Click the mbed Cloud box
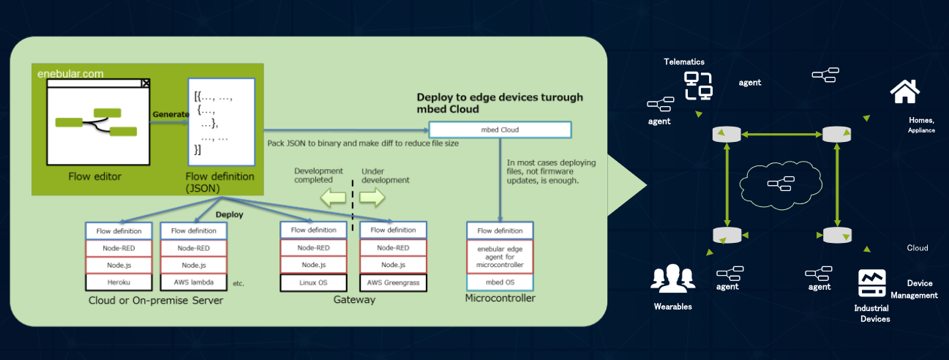[499, 130]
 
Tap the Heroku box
[119, 281]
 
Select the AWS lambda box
[193, 281]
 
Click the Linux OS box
[312, 282]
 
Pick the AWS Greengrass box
[393, 282]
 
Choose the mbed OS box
[500, 282]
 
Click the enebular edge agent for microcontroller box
[500, 256]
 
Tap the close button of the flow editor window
[145, 83]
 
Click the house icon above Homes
[904, 91]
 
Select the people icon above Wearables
[672, 277]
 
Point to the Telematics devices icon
[698, 86]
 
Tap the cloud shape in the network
[776, 184]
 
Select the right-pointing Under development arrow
[372, 197]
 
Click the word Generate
[170, 115]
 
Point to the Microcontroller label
[500, 298]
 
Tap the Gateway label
[354, 300]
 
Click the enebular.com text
[71, 73]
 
